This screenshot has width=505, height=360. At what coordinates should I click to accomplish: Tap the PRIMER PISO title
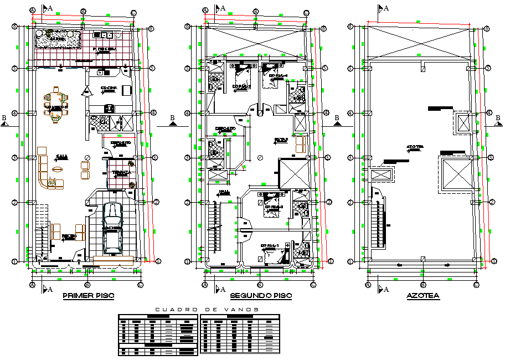pos(89,296)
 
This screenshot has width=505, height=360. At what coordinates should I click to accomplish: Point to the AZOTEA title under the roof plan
pos(422,296)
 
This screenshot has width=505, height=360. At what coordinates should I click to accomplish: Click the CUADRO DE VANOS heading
pos(207,310)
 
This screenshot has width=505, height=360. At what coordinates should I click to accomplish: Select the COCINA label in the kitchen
pos(108,89)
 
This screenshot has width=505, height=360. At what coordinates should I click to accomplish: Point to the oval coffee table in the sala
pos(58,169)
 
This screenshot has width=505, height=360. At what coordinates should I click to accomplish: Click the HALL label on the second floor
pos(224,191)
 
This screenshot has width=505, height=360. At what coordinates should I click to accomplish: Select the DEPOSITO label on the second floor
pos(225,129)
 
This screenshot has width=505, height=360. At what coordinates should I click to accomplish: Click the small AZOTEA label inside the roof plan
pos(415,147)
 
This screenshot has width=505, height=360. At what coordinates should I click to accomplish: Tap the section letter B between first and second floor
pos(173,117)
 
